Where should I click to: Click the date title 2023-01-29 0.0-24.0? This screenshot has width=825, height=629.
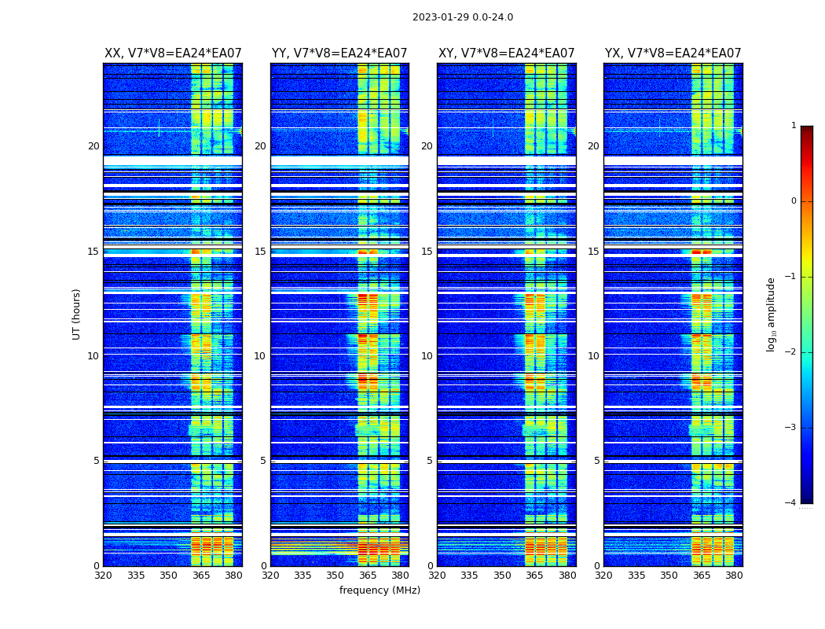[462, 17]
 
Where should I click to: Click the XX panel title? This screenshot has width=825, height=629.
[173, 53]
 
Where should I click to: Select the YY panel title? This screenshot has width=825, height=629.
[339, 53]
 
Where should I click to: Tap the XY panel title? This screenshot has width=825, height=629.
[506, 53]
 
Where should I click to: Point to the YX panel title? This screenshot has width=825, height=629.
[673, 53]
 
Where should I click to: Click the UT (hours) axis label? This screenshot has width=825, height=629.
[77, 314]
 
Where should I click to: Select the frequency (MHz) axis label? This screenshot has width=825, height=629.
[379, 590]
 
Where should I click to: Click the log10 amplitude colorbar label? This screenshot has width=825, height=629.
[772, 314]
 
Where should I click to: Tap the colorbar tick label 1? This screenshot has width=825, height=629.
[793, 126]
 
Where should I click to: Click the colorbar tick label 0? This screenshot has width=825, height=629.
[793, 201]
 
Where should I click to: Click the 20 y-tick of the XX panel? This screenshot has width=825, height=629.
[93, 146]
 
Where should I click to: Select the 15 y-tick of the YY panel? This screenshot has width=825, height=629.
[260, 252]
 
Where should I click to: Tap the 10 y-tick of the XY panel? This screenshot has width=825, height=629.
[427, 356]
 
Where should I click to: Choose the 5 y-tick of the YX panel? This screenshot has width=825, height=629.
[596, 461]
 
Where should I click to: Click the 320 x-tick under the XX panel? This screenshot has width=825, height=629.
[103, 576]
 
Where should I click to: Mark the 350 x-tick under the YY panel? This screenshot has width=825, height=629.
[335, 576]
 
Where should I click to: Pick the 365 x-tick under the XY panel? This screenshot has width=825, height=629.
[534, 576]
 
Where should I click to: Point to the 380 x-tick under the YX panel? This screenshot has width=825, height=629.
[734, 576]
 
